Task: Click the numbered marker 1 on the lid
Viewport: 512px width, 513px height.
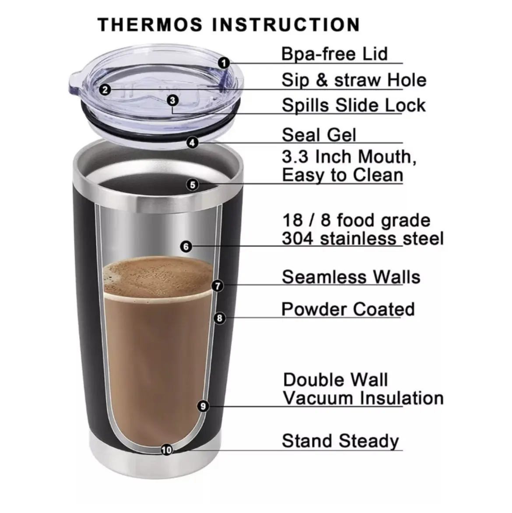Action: tap(224, 63)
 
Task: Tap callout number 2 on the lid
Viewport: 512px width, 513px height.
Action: tap(105, 89)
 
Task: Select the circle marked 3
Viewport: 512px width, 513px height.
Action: tap(173, 100)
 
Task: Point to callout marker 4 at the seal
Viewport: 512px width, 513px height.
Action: tap(193, 143)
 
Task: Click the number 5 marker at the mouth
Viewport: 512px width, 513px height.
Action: tap(193, 185)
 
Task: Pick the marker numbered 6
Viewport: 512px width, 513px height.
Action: tap(186, 246)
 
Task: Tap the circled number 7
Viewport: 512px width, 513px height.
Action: tap(217, 286)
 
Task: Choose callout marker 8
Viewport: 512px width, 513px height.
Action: tap(220, 318)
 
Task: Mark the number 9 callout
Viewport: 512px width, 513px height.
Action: tap(203, 406)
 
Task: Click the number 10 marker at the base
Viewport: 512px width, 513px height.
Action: tap(167, 450)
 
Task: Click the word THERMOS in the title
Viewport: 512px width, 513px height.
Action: tap(150, 25)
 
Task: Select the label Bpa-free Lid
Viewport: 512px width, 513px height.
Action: tap(334, 54)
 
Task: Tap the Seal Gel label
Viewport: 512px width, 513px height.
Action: tap(319, 135)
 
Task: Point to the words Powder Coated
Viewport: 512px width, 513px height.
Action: tap(348, 309)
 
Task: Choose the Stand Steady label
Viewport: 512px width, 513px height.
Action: tap(340, 441)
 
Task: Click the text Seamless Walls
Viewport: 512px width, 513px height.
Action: tap(351, 277)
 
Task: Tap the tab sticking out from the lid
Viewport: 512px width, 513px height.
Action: tap(75, 83)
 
